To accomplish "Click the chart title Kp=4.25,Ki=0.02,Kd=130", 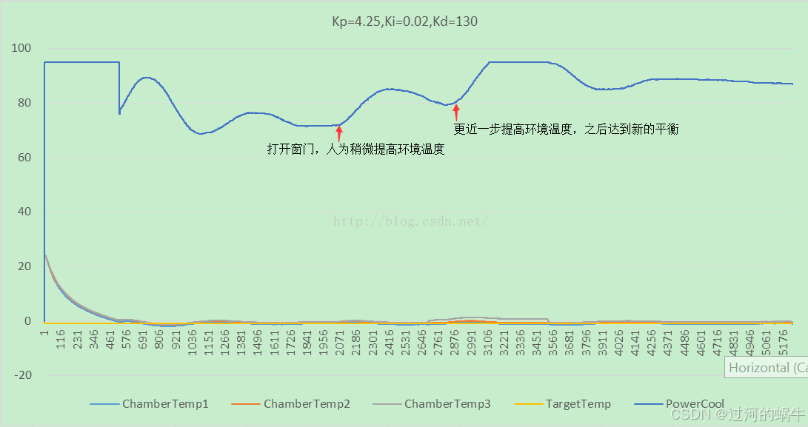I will [x=404, y=21].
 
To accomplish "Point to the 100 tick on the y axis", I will [x=22, y=48].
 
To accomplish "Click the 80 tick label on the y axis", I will [x=25, y=103].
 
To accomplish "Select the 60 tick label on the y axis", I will [x=25, y=158].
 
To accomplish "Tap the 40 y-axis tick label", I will [x=25, y=212].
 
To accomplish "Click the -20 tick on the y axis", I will [x=22, y=375].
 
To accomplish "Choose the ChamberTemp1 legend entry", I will [x=149, y=404].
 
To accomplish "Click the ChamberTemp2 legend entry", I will [x=290, y=404].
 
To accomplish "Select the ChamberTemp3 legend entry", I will [x=432, y=404].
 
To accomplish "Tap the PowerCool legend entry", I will [x=679, y=404].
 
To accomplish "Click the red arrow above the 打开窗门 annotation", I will [x=339, y=133].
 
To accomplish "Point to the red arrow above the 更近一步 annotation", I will [x=456, y=112].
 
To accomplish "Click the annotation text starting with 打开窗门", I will [x=355, y=149].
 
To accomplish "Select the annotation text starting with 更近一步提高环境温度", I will [x=566, y=130].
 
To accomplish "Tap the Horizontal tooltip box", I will [x=767, y=367].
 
